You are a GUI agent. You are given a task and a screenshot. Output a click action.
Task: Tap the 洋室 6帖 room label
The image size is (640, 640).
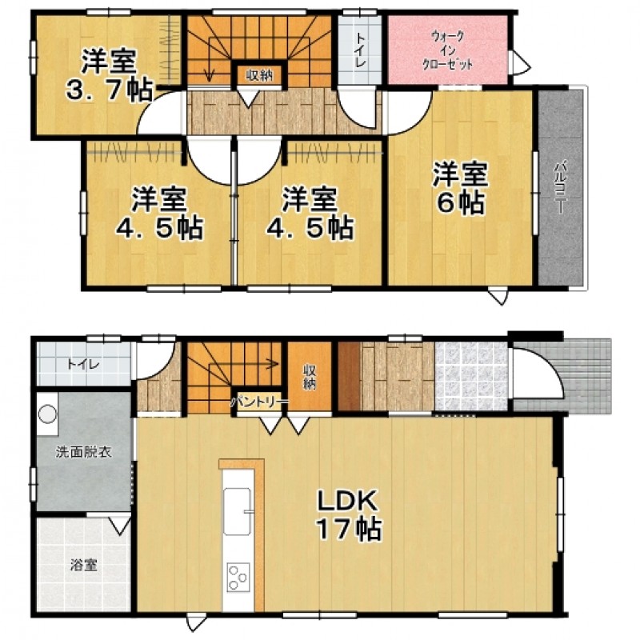tap(461, 189)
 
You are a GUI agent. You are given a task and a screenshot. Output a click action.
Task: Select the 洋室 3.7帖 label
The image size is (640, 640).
tap(109, 75)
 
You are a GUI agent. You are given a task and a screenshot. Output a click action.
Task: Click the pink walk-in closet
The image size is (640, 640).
tap(447, 50)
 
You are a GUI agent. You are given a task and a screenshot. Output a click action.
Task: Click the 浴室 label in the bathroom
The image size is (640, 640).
tap(83, 566)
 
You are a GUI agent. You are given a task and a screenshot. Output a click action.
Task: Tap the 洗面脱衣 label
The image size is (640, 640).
tap(84, 452)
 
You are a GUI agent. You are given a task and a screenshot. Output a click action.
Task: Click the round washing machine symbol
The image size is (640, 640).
tap(47, 414)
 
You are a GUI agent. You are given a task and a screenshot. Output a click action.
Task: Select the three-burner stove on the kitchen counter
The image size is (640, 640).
tap(238, 577)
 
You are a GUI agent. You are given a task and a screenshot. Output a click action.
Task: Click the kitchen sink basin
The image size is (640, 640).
tap(237, 511)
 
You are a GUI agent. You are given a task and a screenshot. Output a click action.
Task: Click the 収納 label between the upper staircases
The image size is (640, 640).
tap(259, 75)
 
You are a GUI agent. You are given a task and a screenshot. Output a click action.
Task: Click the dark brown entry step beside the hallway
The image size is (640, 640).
tap(350, 376)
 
